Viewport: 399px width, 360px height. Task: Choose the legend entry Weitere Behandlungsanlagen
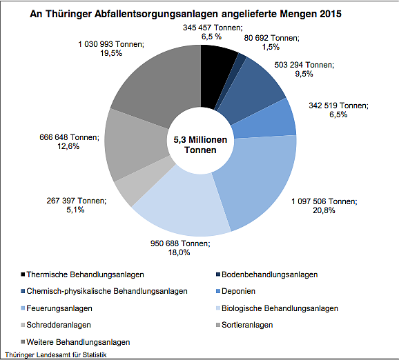click(x=79, y=341)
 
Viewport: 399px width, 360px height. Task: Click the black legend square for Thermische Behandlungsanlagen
click(x=23, y=274)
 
